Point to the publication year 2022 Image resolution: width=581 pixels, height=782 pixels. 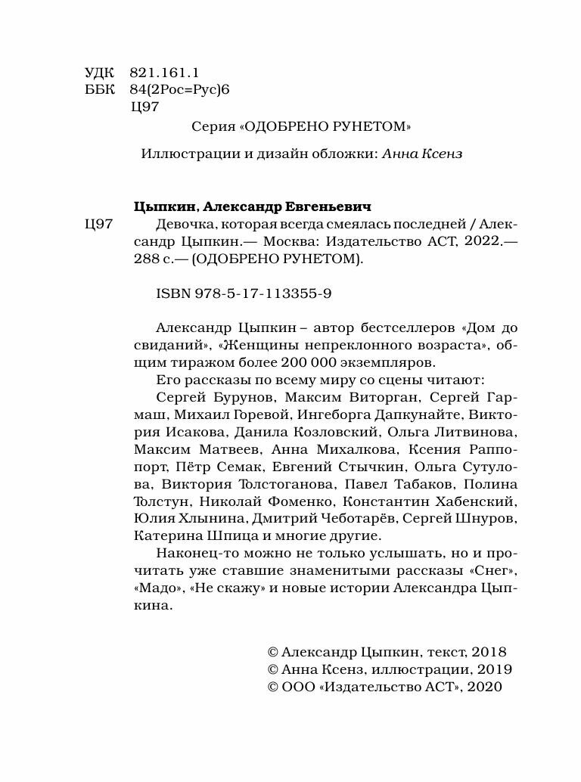tap(480, 241)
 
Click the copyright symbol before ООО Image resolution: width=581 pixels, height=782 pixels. tap(274, 687)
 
